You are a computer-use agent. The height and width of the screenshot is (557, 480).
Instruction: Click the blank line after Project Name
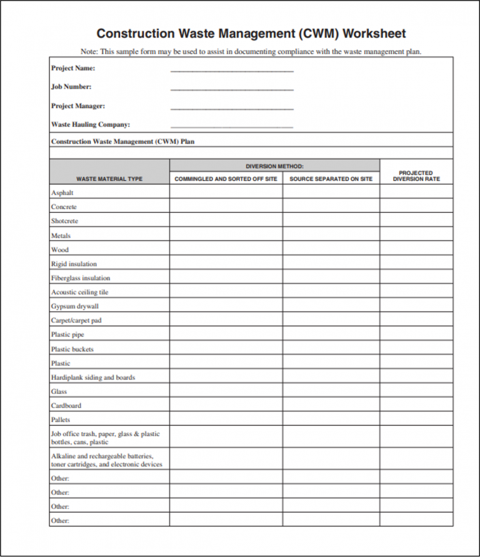point(232,71)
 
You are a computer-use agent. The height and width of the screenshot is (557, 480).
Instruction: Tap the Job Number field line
point(232,89)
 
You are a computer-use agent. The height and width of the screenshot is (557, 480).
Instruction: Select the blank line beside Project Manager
point(232,109)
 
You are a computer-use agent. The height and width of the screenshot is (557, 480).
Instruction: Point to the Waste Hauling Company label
point(91,125)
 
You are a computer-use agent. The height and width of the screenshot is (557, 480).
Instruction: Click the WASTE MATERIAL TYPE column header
point(109,179)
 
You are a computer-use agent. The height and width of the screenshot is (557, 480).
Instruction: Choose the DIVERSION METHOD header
point(274,166)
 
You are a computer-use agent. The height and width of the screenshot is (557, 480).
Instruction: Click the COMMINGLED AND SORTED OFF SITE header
point(226,179)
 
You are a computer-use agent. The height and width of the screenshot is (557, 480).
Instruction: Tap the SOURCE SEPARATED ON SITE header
point(331,179)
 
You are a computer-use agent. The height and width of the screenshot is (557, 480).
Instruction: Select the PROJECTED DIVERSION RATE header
point(416,176)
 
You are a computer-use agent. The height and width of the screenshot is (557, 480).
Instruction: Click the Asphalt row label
point(62,193)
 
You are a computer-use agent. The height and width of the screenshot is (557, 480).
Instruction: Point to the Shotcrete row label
point(65,221)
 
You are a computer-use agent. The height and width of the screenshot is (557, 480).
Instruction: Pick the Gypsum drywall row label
point(75,307)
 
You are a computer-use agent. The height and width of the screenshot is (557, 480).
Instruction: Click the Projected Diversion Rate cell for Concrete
point(416,207)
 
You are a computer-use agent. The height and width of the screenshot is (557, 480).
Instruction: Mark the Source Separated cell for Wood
point(331,250)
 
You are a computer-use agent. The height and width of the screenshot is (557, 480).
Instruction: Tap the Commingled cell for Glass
point(226,392)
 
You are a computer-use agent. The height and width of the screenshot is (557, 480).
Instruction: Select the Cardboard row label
point(66,406)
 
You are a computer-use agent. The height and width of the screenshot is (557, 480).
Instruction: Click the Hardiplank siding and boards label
point(93,378)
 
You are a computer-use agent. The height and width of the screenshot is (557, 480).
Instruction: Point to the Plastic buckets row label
point(72,349)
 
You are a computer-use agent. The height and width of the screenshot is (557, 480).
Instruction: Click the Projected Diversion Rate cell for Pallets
point(416,420)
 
